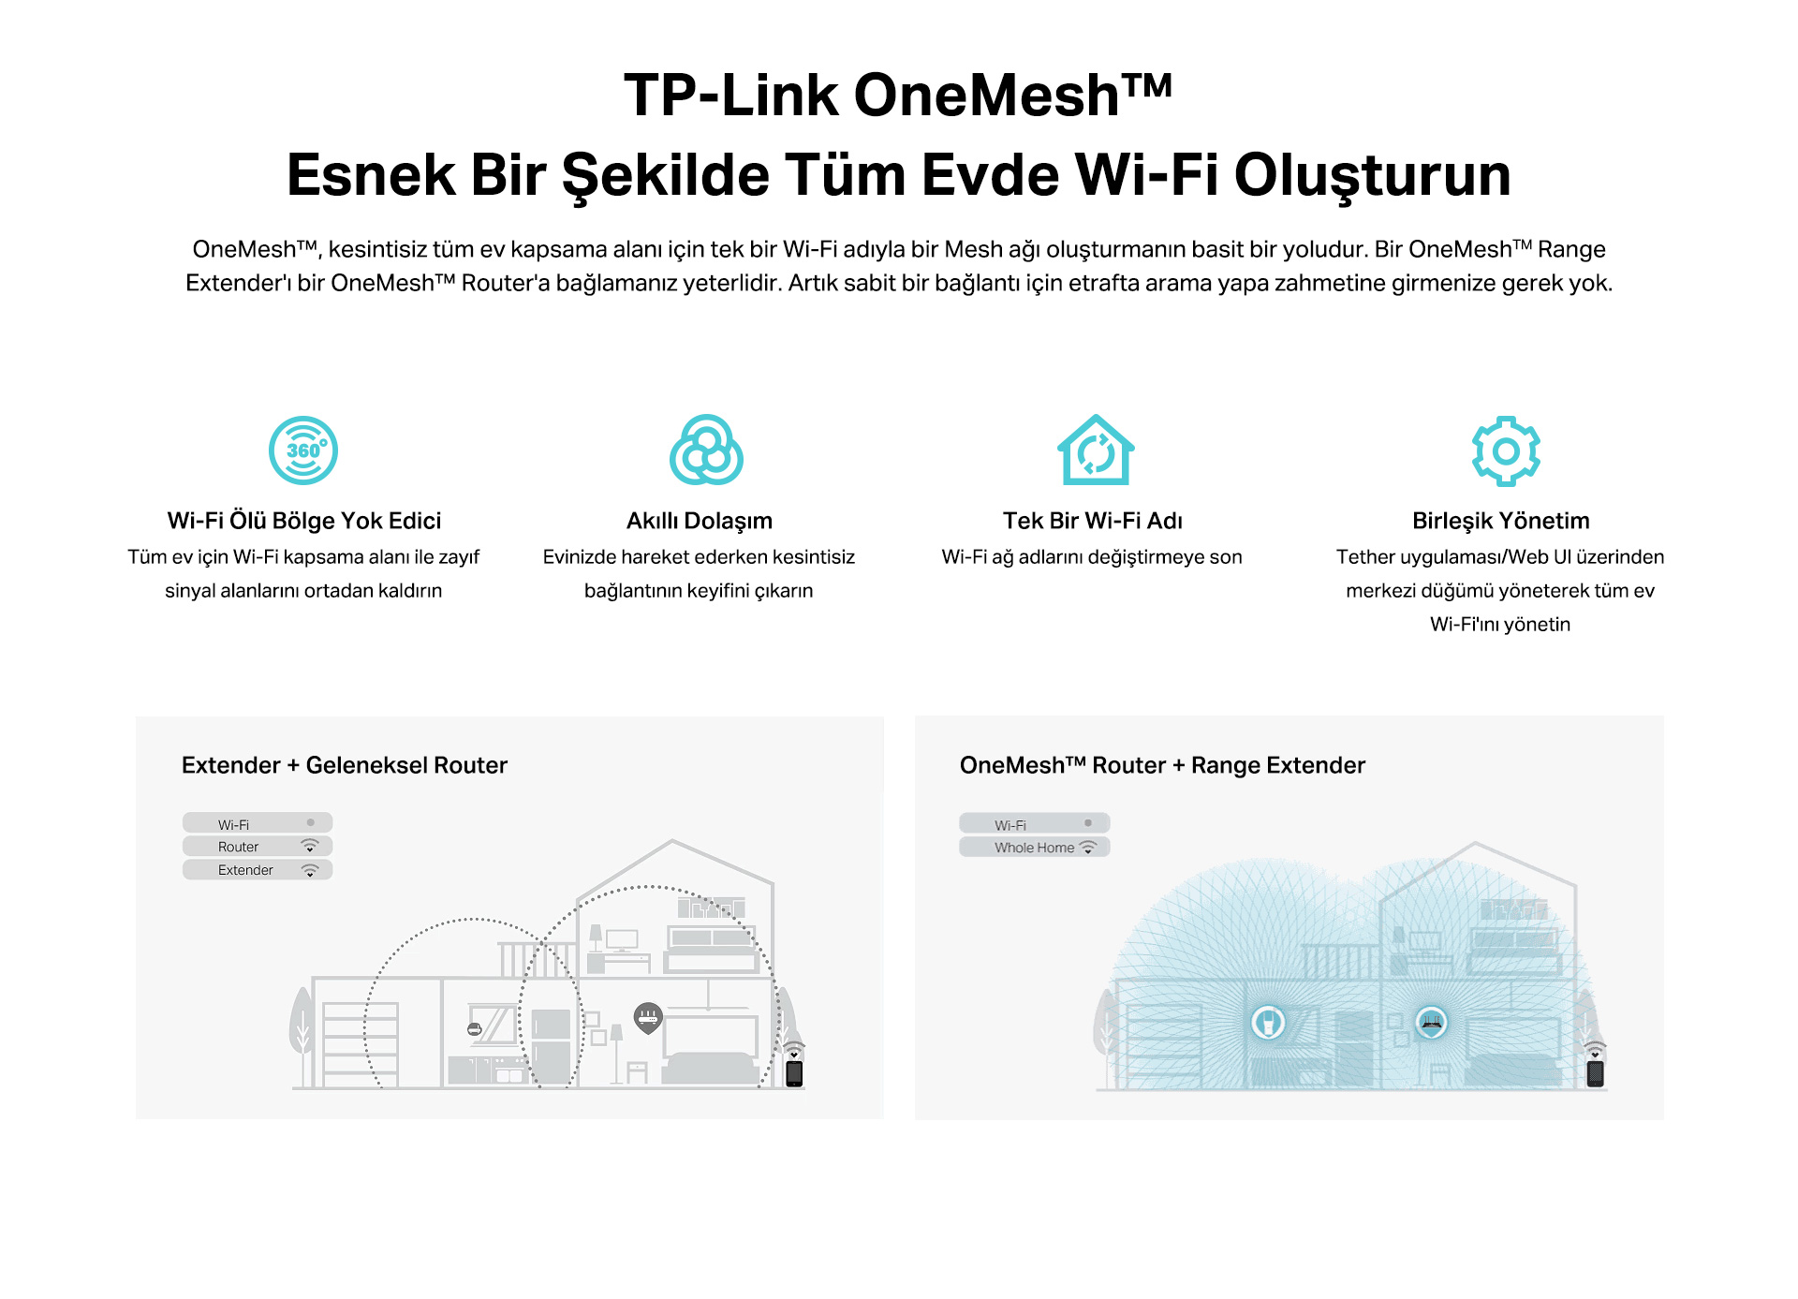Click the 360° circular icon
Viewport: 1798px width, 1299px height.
pos(303,450)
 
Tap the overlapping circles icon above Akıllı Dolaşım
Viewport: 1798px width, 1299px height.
pos(706,450)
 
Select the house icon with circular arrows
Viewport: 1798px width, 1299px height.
pos(1096,450)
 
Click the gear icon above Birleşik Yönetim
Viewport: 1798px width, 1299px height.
pos(1506,450)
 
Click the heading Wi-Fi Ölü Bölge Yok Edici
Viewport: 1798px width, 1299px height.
pos(304,521)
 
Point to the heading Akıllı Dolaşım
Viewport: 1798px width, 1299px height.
pos(700,522)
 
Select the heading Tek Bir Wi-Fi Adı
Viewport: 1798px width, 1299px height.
pos(1093,521)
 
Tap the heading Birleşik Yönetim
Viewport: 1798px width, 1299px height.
pos(1501,522)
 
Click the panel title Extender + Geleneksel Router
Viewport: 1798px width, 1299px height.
pos(345,765)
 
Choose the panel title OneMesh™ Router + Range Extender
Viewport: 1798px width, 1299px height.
pos(1162,765)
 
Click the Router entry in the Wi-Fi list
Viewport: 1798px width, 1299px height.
pos(258,847)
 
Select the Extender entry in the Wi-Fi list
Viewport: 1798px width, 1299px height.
pos(258,870)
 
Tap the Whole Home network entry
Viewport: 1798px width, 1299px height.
pos(1035,848)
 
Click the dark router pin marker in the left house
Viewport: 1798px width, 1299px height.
pos(648,1018)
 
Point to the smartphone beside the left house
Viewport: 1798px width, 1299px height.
pos(794,1073)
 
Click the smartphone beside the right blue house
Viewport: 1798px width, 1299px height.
pos(1596,1073)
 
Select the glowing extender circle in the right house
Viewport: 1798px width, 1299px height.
pos(1268,1022)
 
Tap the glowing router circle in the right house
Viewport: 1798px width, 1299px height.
pos(1432,1022)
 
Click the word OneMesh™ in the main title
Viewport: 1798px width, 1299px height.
pos(1013,96)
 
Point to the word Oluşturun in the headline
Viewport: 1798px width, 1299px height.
pos(1373,176)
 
